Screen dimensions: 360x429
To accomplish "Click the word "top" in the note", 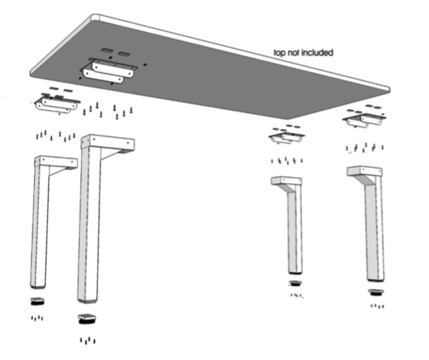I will pyautogui.click(x=280, y=52).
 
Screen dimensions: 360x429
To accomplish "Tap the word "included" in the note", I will pyautogui.click(x=317, y=52).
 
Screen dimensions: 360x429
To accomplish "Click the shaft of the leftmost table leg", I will pyautogui.click(x=40, y=229).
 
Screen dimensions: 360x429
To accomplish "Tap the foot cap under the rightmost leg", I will pyautogui.click(x=376, y=292).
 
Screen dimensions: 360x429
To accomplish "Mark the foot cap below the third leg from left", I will pyautogui.click(x=295, y=283).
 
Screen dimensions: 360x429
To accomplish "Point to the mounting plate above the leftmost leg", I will pyautogui.click(x=53, y=103).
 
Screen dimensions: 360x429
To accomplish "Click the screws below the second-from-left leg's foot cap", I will pyautogui.click(x=87, y=340).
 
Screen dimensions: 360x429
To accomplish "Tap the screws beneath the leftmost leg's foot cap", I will pyautogui.click(x=37, y=318).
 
